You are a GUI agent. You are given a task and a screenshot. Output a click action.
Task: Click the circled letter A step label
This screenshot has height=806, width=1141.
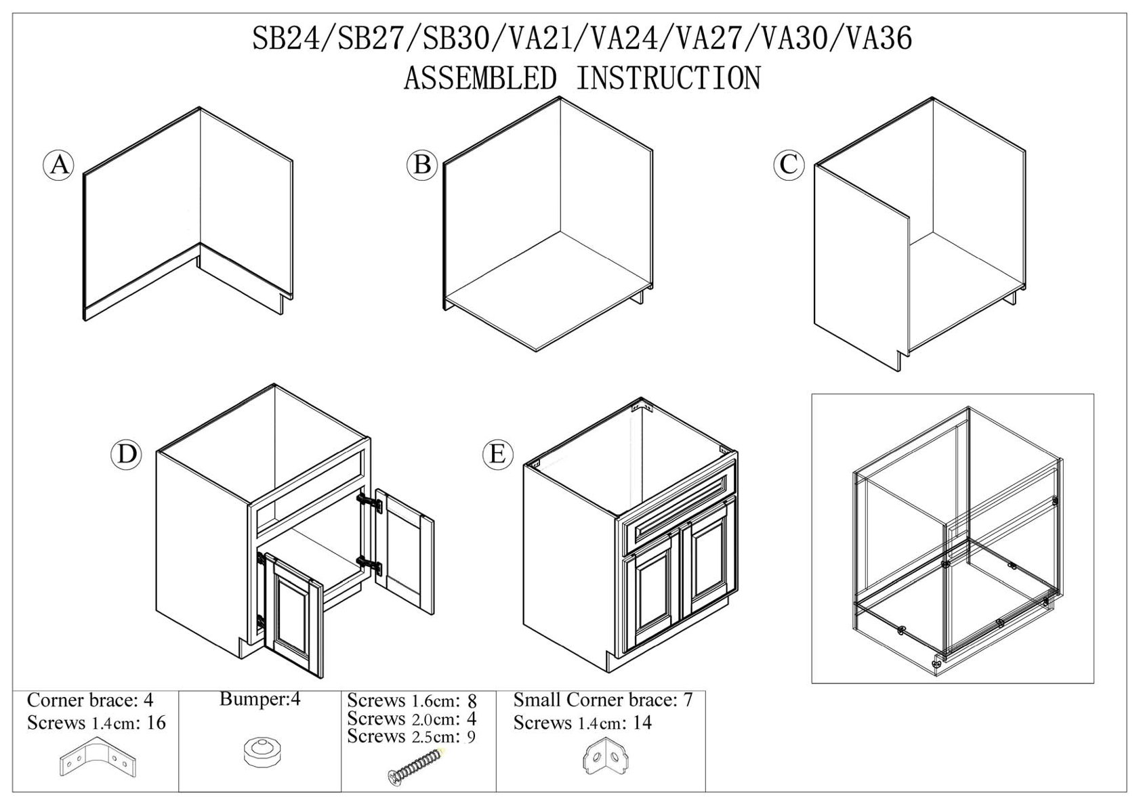59,165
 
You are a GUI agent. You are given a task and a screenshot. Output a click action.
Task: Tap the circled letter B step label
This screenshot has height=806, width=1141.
421,165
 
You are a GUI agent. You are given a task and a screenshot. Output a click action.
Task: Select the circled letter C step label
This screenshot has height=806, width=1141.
789,165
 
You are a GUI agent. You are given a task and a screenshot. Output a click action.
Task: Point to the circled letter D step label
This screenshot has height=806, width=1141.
127,454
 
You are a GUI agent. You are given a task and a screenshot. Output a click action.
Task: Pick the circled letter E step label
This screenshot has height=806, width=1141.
497,453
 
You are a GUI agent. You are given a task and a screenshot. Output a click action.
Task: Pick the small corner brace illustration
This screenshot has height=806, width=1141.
606,758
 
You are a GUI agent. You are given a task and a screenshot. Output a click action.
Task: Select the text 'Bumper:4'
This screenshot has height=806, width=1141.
260,699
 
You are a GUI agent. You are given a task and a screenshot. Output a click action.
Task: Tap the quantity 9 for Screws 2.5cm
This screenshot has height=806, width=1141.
471,737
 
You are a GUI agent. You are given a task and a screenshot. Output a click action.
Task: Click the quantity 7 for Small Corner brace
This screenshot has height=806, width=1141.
688,700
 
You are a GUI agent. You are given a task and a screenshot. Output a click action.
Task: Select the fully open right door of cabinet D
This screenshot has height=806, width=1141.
404,551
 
